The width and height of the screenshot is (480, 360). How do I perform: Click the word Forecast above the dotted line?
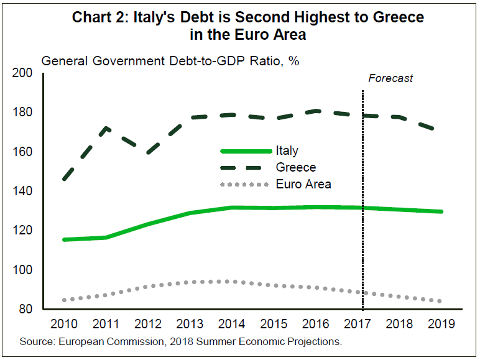(x=390, y=78)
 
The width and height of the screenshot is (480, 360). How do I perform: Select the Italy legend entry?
(x=287, y=150)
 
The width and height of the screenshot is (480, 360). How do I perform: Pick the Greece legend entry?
(x=295, y=167)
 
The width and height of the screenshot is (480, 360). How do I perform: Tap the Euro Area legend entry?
(x=303, y=184)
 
